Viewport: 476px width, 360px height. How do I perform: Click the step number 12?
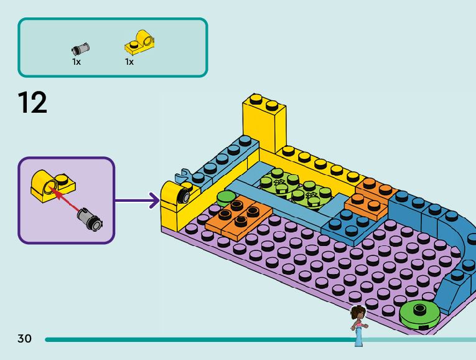coord(32,103)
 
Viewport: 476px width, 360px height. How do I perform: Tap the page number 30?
coord(25,338)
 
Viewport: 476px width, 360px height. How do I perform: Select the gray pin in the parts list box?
coord(80,49)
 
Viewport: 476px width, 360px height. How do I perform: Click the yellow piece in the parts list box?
coord(139,42)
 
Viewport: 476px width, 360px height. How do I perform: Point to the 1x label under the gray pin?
coord(77,62)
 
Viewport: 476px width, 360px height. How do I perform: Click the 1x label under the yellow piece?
coord(129,62)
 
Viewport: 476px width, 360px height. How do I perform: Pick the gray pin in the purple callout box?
coord(90,219)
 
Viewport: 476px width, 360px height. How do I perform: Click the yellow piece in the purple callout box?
coord(52,186)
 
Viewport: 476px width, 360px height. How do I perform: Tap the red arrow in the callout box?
coord(65,199)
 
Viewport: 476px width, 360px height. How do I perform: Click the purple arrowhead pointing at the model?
coord(155,200)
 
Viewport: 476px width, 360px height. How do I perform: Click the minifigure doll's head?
coord(358,313)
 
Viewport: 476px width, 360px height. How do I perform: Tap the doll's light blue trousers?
coord(359,337)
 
